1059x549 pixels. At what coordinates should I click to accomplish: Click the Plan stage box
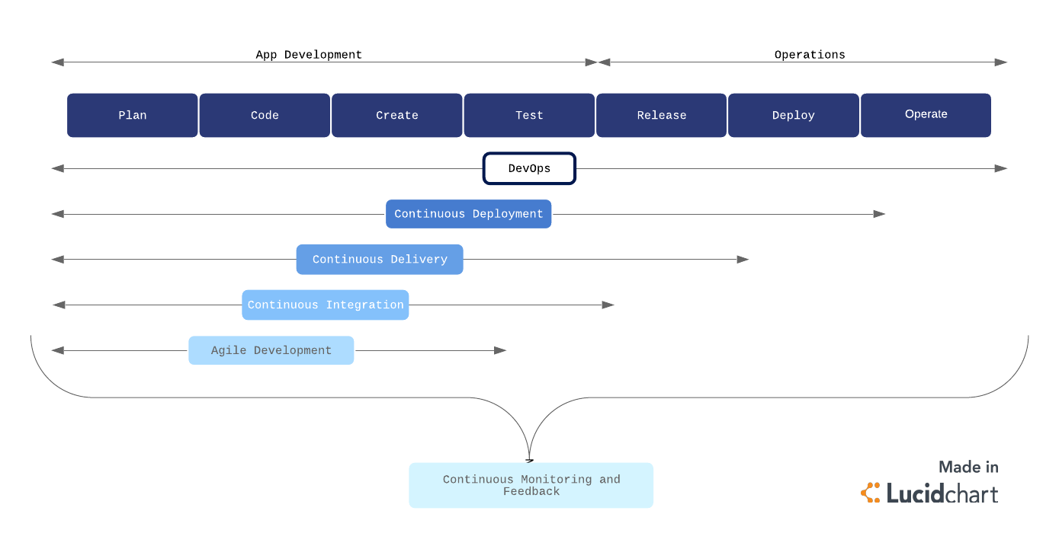[132, 115]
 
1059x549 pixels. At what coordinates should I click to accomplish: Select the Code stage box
[265, 115]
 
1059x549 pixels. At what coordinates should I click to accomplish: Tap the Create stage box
[396, 115]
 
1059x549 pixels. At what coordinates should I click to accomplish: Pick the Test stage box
[529, 115]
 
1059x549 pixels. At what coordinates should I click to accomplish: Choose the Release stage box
[661, 115]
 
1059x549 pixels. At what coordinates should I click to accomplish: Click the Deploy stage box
[793, 115]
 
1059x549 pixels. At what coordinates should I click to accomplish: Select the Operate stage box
[926, 115]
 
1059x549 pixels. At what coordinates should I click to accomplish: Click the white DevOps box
[529, 168]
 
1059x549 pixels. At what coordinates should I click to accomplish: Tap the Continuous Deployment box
[468, 214]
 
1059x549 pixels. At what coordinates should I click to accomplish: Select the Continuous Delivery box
[380, 260]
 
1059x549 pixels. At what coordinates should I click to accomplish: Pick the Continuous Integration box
[326, 305]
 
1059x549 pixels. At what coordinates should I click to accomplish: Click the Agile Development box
[271, 350]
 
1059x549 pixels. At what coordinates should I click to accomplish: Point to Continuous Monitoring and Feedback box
[531, 485]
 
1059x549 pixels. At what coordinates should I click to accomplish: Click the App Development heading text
[309, 55]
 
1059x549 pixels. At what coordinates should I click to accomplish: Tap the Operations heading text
[810, 55]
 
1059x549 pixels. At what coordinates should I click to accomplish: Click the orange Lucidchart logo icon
[871, 493]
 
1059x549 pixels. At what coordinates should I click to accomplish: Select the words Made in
[968, 467]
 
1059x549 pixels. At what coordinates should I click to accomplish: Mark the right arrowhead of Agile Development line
[501, 350]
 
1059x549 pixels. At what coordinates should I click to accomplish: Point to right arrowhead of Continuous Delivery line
[743, 260]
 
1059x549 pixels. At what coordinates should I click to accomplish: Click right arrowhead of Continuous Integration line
[608, 305]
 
